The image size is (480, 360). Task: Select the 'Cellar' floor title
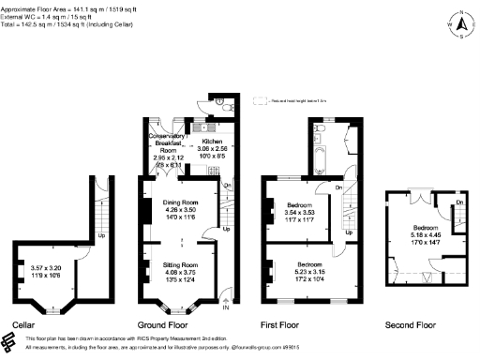pos(23,325)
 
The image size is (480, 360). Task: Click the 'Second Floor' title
pos(411,325)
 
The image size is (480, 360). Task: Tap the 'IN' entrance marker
pos(225,307)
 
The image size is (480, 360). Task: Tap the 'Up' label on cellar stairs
pos(101,235)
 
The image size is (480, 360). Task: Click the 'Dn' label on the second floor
pos(460,203)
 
